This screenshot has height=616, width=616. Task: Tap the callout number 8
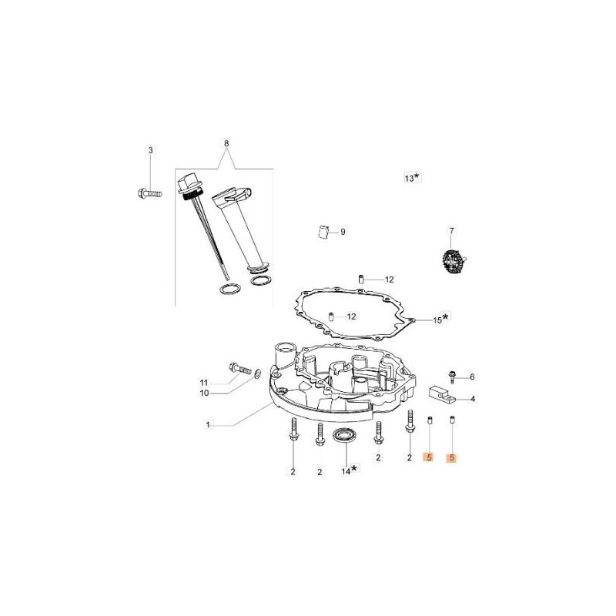coord(226,143)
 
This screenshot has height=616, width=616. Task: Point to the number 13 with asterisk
coord(413,177)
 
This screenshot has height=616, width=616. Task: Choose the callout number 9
coord(343,231)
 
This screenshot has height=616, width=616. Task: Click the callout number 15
coord(437,320)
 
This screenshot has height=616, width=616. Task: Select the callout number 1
coord(208,424)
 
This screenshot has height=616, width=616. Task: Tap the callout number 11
coord(204,383)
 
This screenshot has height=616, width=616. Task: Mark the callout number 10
coord(204,393)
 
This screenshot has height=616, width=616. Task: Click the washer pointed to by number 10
coord(256,375)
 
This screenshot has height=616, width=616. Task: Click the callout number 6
coord(473,377)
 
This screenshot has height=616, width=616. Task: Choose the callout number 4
coord(473,399)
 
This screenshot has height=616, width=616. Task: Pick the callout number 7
coord(452,229)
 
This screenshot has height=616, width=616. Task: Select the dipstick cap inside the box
coord(186,186)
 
